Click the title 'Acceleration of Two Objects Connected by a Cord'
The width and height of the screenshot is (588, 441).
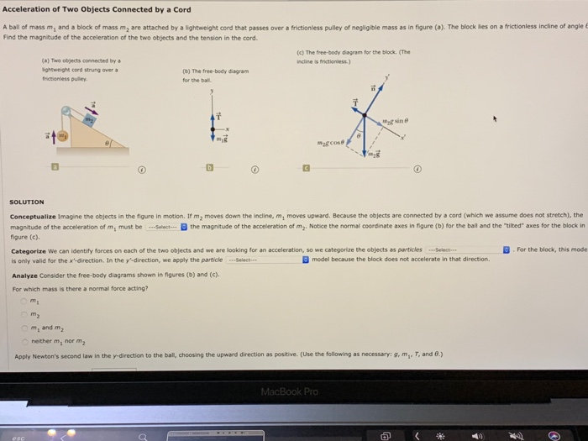(x=97, y=10)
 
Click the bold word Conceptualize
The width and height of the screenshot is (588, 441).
(x=31, y=216)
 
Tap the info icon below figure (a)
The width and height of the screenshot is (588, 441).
(x=142, y=169)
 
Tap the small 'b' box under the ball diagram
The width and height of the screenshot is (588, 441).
(x=212, y=168)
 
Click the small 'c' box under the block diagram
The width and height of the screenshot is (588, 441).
(x=307, y=168)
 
